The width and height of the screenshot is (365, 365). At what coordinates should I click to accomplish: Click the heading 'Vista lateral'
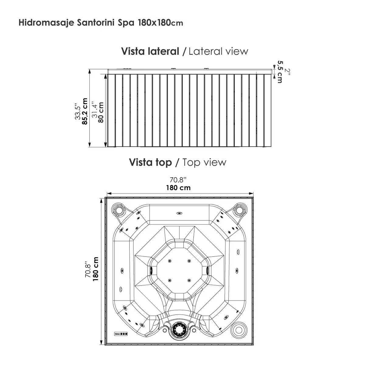tap(150, 51)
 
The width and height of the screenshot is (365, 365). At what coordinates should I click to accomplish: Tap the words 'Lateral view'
tap(218, 51)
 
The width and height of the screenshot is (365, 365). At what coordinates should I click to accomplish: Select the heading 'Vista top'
tap(150, 162)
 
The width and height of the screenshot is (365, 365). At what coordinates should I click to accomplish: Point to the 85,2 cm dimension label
tap(85, 111)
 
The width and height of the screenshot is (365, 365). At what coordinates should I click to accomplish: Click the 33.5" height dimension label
tap(78, 112)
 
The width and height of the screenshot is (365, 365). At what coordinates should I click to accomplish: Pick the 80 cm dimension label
tap(101, 112)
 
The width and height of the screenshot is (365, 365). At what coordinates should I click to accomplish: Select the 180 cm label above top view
tap(178, 188)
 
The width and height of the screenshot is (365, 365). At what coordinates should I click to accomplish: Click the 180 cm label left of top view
tap(96, 269)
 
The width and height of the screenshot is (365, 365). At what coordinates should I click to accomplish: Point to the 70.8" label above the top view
tap(178, 180)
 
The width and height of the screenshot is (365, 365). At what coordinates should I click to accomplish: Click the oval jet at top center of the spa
tap(179, 213)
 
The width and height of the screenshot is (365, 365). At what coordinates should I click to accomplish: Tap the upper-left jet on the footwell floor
tap(169, 261)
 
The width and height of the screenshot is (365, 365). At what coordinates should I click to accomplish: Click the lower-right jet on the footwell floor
tap(189, 280)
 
